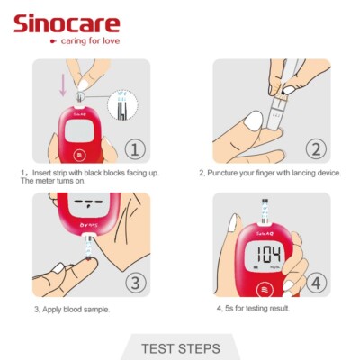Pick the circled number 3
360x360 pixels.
[133, 281]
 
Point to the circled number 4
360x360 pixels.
[314, 281]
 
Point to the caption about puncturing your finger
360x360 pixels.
[270, 173]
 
